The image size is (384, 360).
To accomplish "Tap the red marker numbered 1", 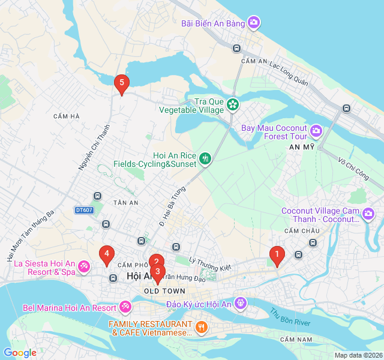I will pos(277,256).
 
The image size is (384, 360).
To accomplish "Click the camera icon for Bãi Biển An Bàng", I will pos(254,23).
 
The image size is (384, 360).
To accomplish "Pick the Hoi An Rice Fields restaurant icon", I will pos(205,159).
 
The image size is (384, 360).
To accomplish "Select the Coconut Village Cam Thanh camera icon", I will pos(368,214).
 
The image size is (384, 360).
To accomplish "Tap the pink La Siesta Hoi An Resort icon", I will pos(84,266).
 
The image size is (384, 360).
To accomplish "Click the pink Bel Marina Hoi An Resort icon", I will pos(125,307).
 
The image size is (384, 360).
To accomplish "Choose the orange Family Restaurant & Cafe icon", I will pos(202,327).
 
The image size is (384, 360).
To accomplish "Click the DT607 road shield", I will pos(85,210).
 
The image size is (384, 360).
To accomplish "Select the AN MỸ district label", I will pos(302,147).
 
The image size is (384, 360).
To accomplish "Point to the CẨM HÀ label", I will pos(66,116).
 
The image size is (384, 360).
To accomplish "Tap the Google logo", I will pos(20,353).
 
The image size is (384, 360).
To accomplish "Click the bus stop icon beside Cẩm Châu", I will pos(313,242).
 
